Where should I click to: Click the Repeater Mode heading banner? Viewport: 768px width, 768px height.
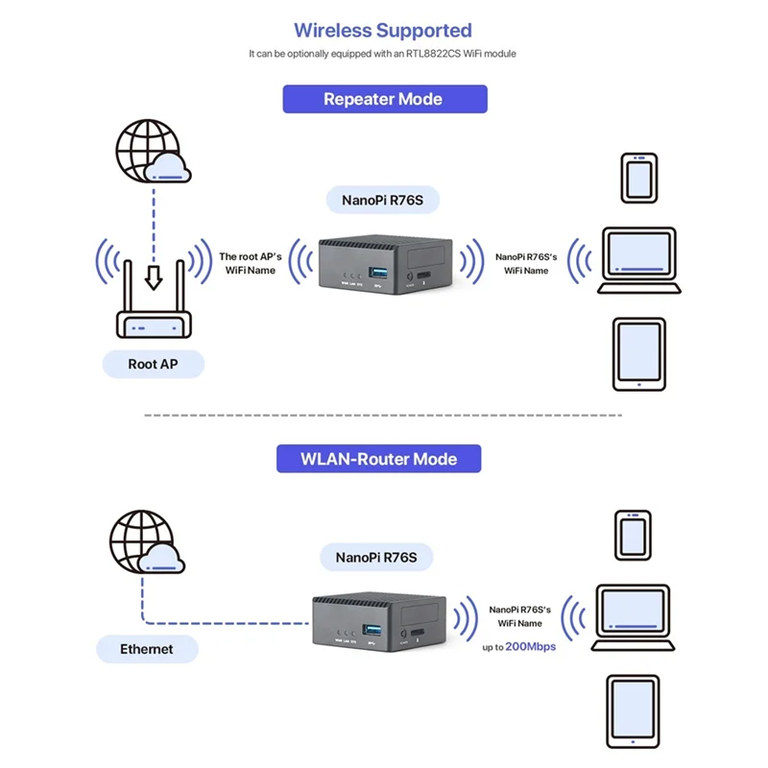click(x=384, y=99)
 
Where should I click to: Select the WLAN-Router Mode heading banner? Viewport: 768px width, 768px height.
click(x=379, y=458)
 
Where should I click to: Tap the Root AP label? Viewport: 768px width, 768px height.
click(x=154, y=364)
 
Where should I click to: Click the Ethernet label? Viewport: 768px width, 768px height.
click(x=147, y=649)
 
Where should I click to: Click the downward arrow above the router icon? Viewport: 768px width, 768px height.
click(x=153, y=277)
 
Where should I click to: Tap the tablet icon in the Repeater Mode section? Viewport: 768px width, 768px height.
click(x=637, y=353)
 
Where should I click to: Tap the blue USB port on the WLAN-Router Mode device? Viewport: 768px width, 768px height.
click(x=372, y=630)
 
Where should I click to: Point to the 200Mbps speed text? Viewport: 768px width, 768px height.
click(x=530, y=646)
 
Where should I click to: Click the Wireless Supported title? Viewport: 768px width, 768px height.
click(x=383, y=31)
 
